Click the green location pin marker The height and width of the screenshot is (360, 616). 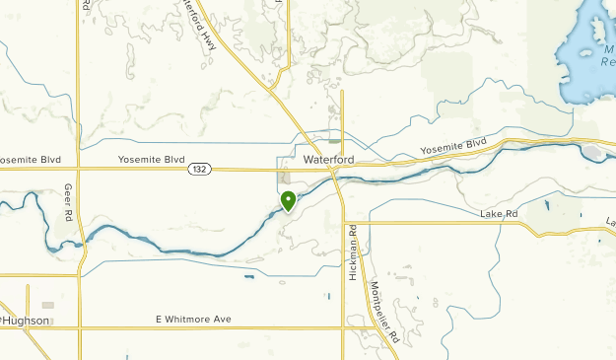click(288, 201)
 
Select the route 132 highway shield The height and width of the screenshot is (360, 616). click(199, 170)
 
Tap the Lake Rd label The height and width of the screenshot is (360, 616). click(499, 214)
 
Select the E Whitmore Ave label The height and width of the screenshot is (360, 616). click(192, 319)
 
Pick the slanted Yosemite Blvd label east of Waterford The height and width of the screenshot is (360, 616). click(454, 147)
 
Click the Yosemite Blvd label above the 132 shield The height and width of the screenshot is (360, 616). click(152, 159)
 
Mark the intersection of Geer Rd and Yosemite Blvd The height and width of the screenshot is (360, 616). click(80, 169)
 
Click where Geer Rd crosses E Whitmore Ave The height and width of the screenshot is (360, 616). click(80, 327)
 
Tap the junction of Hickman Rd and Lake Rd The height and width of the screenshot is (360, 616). click(344, 222)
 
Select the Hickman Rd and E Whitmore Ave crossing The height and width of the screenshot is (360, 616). click(343, 327)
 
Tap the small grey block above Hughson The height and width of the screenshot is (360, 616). click(47, 305)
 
